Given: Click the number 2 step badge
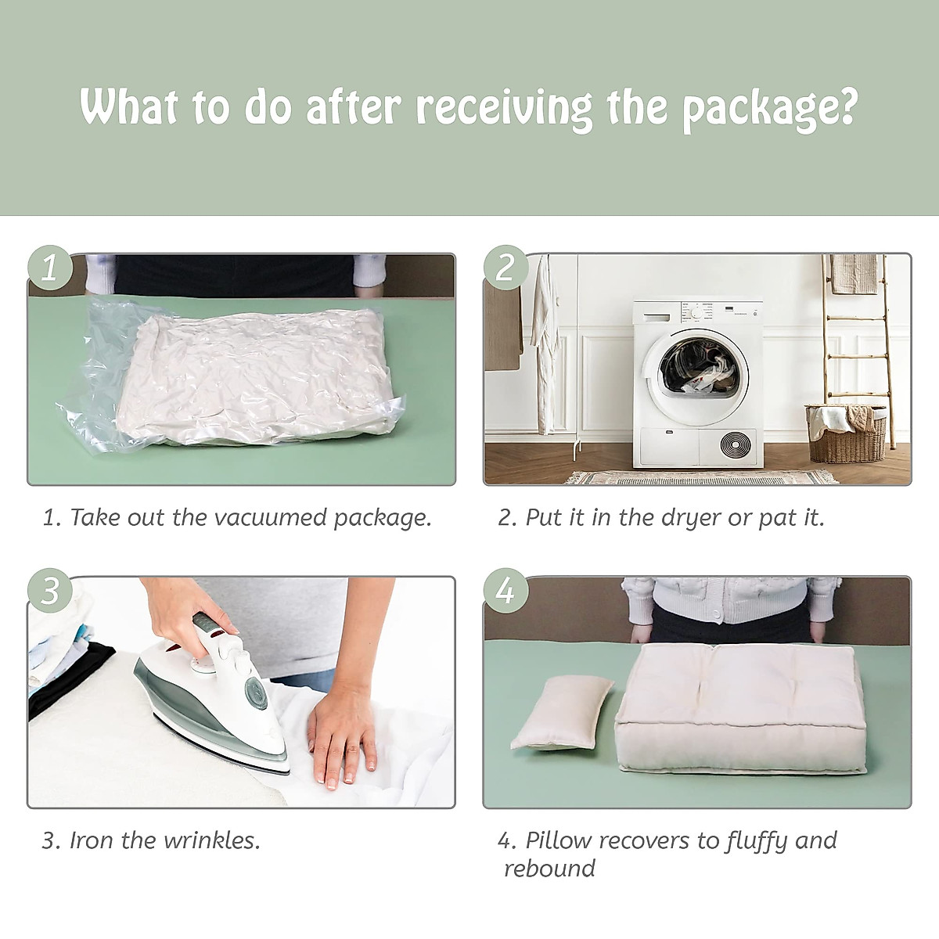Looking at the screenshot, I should pos(505,268).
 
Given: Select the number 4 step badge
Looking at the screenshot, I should pos(505,591).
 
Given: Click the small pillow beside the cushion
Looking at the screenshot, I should pos(560,721).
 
